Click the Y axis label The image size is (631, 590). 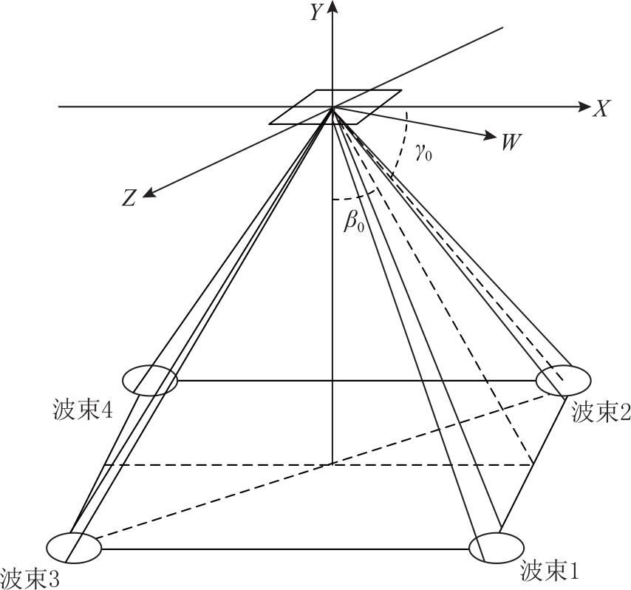[316, 12]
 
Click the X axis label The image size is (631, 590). [601, 108]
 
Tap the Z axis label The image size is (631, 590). [129, 198]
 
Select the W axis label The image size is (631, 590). [511, 141]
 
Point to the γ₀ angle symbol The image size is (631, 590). [424, 154]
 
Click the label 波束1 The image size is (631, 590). [550, 571]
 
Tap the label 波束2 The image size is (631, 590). [601, 413]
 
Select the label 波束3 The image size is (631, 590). [30, 580]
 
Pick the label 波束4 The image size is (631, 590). [83, 411]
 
